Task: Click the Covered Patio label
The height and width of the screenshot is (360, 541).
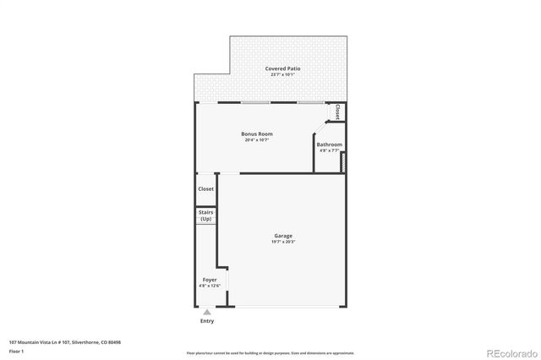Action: pos(282,68)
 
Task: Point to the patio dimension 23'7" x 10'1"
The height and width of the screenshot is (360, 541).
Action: pos(282,75)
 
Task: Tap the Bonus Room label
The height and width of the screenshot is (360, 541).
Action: pos(257,134)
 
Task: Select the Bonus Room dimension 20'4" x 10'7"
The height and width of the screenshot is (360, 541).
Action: pos(257,140)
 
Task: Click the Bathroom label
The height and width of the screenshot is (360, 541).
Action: pos(329,145)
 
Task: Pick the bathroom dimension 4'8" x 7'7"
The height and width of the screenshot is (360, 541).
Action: pos(329,150)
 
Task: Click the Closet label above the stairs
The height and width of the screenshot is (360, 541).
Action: pos(205,189)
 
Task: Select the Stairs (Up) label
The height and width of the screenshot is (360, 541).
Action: pos(205,215)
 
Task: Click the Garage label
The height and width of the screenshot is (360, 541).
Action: pos(282,236)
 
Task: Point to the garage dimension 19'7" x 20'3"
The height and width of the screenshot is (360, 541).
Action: pos(282,243)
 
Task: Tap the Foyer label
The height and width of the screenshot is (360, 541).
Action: pos(209,279)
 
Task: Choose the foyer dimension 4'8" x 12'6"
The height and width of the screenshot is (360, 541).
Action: pos(209,286)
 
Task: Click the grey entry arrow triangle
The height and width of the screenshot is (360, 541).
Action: pos(207,312)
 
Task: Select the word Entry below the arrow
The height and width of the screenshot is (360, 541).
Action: pos(207,321)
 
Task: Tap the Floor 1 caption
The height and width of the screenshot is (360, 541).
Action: pos(16,350)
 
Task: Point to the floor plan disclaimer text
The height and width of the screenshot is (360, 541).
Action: pos(270,352)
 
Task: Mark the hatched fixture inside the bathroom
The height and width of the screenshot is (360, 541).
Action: pos(343,161)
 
